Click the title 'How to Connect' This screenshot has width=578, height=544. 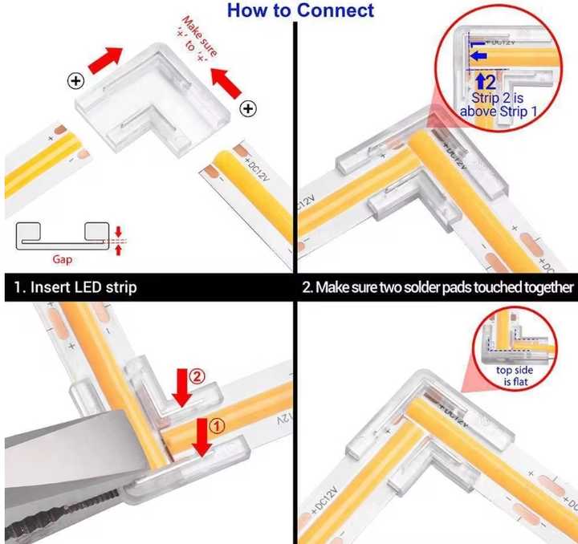(x=300, y=10)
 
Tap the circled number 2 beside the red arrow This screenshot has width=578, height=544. (x=197, y=376)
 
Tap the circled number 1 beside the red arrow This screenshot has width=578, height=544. (x=217, y=426)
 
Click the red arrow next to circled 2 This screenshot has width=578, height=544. (x=182, y=388)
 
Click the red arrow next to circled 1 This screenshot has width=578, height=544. (x=202, y=438)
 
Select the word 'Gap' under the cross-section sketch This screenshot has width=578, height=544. (x=63, y=260)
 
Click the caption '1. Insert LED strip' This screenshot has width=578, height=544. (x=75, y=287)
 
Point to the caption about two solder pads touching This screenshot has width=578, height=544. (x=438, y=287)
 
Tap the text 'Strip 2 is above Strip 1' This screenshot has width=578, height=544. (x=499, y=104)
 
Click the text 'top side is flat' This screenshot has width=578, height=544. (x=515, y=376)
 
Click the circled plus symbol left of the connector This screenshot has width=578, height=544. (x=76, y=81)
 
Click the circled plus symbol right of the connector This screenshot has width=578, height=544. (x=248, y=108)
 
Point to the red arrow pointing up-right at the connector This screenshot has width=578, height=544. (x=105, y=60)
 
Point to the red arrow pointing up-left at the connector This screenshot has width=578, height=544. (x=226, y=83)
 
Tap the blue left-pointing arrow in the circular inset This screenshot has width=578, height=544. (x=478, y=56)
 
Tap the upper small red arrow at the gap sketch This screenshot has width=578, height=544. (x=118, y=232)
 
